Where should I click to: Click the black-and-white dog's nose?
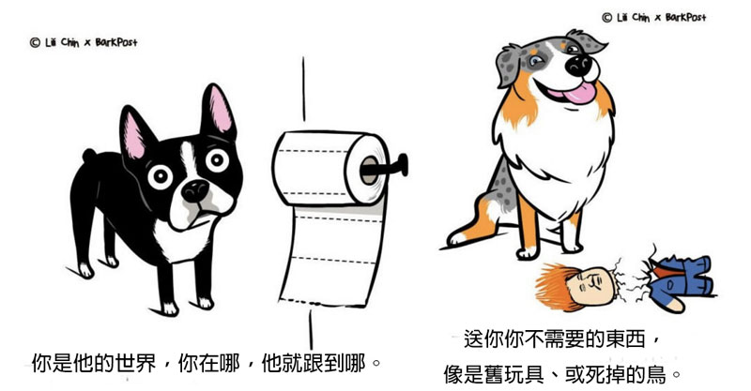[x=195, y=190]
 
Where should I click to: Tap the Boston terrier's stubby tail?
[x=89, y=155]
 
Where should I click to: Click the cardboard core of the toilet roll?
[x=369, y=171]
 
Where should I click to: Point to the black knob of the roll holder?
[x=404, y=165]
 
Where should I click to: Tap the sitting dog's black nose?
[x=578, y=65]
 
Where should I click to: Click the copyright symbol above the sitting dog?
[x=606, y=18]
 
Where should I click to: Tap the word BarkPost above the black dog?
[x=116, y=42]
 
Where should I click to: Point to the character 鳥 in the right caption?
[x=656, y=374]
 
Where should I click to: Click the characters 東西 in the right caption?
[x=625, y=338]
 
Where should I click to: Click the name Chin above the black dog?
[x=69, y=42]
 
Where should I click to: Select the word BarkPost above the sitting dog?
[x=686, y=18]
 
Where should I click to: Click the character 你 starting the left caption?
[x=41, y=364]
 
